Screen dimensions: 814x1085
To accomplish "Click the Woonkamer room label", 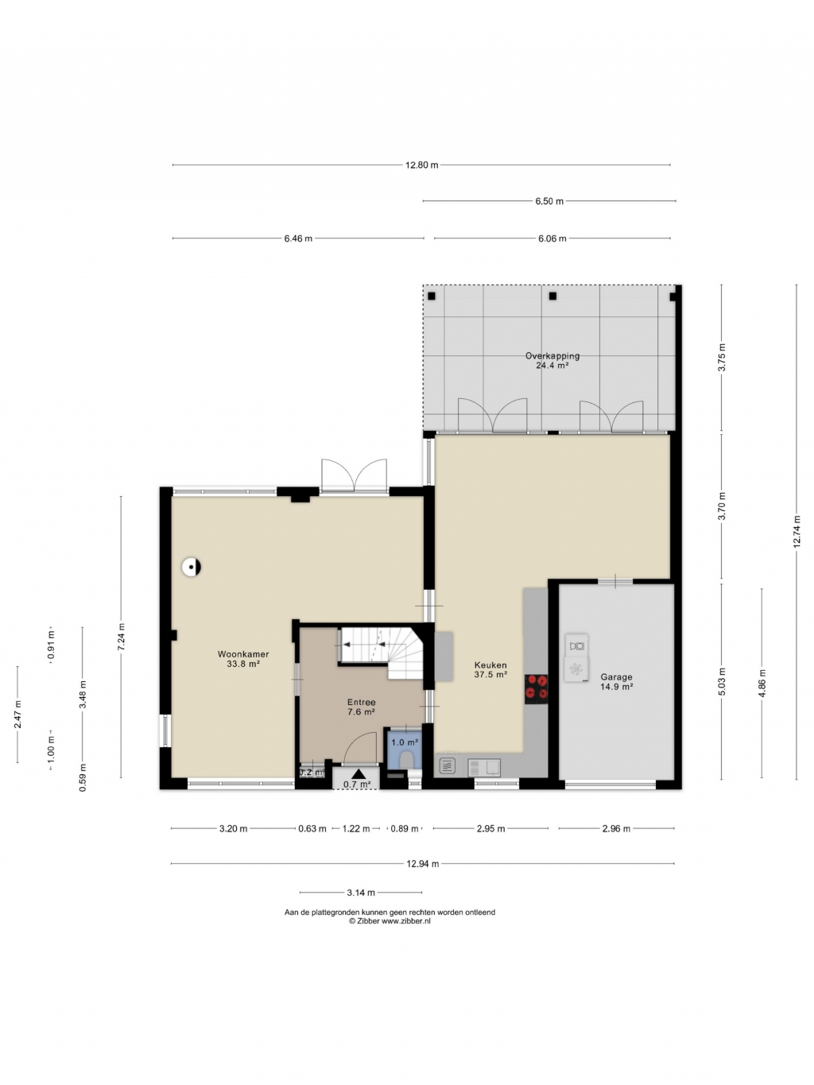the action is [x=243, y=654].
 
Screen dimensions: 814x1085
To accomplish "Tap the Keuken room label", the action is [x=490, y=665].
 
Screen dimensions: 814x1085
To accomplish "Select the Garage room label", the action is [x=616, y=677].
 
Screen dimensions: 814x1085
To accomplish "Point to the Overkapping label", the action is [x=552, y=356].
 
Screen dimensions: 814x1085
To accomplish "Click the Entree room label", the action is [x=361, y=703].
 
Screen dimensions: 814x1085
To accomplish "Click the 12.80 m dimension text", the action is [x=421, y=165].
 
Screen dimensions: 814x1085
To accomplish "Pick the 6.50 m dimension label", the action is [x=549, y=201].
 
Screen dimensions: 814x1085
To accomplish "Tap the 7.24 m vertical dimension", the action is [x=122, y=637].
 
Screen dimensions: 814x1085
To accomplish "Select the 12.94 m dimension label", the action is [x=423, y=864].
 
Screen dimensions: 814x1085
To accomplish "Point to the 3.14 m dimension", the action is [x=361, y=892].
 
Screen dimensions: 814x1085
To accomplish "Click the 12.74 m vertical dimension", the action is [x=797, y=532].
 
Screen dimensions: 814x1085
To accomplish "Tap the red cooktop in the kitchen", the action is [x=537, y=688].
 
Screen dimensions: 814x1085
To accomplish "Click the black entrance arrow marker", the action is [x=359, y=774].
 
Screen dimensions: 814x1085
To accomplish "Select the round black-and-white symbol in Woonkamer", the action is [x=191, y=567].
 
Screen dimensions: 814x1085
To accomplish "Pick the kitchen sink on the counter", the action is [x=484, y=768].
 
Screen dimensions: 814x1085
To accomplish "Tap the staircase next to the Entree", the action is [x=381, y=653].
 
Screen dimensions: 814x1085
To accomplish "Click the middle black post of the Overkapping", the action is [x=552, y=296].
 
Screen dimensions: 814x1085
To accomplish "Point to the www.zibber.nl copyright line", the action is [x=390, y=921].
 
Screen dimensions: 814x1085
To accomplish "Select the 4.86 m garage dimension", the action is [x=762, y=683].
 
